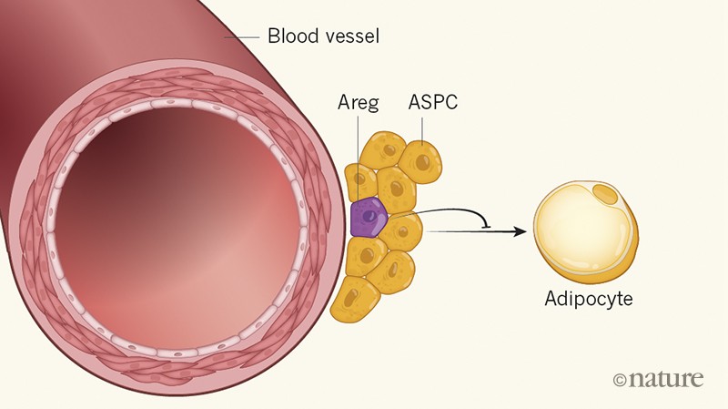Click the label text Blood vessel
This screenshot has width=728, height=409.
point(322,37)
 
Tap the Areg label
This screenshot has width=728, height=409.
point(358,102)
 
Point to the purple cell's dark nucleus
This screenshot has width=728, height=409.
point(369,218)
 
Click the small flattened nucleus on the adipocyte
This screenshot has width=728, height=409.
point(603,191)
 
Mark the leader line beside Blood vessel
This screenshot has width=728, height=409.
point(242,37)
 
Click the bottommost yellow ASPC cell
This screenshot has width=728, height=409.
point(357,300)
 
